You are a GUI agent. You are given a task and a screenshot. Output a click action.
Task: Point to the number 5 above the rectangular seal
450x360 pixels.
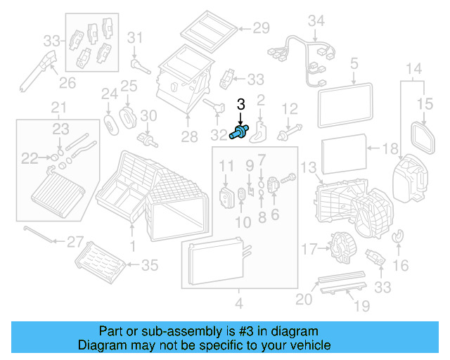tap(354, 64)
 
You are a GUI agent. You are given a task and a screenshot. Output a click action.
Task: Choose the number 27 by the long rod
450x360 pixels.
tap(75, 242)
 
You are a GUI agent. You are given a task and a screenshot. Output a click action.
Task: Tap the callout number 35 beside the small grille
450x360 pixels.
tap(150, 265)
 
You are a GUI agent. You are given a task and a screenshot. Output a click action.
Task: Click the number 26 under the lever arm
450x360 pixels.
tap(67, 83)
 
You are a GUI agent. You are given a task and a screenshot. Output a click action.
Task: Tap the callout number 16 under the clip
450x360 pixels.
tap(401, 265)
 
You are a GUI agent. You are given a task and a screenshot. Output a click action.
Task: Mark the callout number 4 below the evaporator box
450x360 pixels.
tap(238, 304)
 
